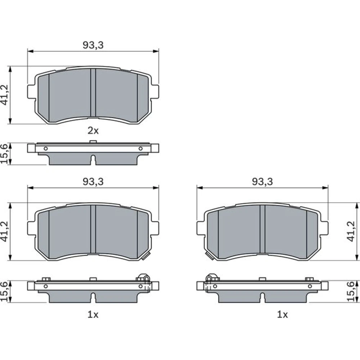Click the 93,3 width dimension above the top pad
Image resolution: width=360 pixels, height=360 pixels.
click(93, 45)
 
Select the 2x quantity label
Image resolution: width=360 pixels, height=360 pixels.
click(93, 131)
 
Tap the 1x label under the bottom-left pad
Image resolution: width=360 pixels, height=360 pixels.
click(93, 315)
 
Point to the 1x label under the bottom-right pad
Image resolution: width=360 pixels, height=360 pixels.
click(282, 315)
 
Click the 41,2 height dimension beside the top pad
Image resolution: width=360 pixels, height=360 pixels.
click(4, 95)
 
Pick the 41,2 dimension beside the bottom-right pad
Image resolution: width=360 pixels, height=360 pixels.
click(351, 231)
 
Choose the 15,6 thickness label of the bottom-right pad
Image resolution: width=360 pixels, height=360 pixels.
click(351, 292)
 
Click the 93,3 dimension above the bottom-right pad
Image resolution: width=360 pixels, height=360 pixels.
click(262, 181)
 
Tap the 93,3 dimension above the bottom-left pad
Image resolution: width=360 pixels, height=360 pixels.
click(93, 181)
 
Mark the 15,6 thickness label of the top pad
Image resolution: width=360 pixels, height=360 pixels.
click(4, 153)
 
